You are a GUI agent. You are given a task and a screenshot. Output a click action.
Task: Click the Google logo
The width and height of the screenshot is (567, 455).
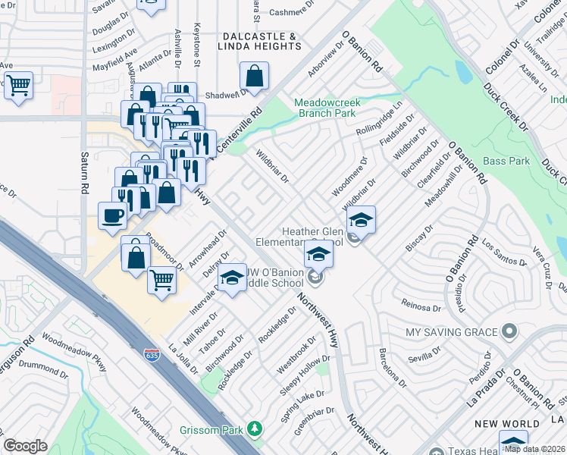tap(25, 446)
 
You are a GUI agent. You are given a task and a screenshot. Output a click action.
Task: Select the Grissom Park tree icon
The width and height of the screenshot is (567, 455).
tap(255, 430)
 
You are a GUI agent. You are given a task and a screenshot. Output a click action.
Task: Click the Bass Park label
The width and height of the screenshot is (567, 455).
tap(506, 161)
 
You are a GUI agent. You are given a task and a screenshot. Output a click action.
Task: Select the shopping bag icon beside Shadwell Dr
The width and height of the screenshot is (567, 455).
tap(254, 75)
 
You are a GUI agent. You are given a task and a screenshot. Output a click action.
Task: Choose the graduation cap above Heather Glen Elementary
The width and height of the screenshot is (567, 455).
tap(362, 219)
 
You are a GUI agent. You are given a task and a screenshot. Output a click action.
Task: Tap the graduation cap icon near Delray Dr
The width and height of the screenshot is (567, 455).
tap(233, 277)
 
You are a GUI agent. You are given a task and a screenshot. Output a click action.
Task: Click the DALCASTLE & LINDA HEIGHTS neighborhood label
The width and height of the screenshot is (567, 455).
tap(259, 42)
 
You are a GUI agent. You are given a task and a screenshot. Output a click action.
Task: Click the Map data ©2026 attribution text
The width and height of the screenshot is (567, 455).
tap(534, 448)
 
